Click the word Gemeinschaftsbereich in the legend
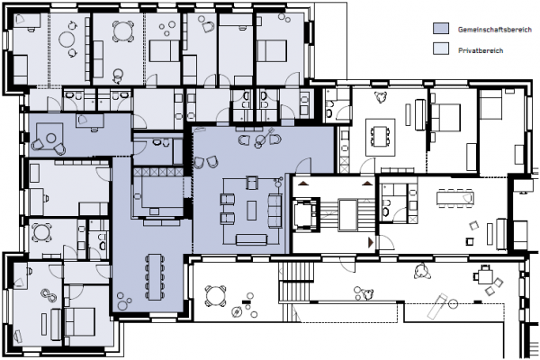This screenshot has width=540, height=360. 494,30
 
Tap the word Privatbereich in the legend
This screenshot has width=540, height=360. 481,50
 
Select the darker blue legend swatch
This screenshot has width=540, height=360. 441,29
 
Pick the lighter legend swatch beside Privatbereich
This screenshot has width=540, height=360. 441,49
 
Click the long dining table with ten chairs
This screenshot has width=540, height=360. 154,276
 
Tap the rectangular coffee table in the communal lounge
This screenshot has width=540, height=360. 252,211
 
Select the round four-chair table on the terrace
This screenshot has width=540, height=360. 216,296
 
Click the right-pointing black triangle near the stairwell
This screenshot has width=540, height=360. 371,242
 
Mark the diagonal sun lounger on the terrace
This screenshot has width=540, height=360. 437,306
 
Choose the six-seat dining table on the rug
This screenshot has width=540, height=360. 380,137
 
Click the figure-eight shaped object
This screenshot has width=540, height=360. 49,295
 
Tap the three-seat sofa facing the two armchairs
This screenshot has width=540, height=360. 274,211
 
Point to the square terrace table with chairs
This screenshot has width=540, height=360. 485,274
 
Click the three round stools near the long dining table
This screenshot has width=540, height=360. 123,301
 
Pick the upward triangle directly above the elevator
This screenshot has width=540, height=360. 302,184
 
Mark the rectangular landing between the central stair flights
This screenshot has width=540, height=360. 347,215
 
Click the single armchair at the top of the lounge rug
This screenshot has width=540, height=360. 252,183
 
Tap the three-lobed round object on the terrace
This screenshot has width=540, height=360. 422,270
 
